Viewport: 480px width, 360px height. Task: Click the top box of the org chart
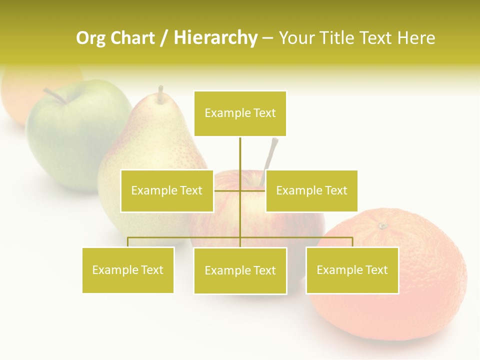pos(240,113)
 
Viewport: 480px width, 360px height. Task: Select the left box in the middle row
pos(167,190)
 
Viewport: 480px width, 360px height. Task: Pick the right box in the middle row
pos(311,190)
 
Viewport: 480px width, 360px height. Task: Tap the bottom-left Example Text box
pos(128,270)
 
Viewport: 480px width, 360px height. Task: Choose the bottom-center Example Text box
pos(240,270)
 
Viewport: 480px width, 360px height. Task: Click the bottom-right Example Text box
pos(352,270)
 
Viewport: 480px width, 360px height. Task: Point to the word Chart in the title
pos(132,38)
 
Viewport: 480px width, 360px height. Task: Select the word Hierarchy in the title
pos(215,38)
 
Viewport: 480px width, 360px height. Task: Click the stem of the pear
pos(160,94)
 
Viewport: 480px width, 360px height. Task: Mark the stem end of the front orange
pos(383,226)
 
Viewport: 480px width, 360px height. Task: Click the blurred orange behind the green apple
pos(20,90)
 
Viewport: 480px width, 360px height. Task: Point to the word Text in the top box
pos(264,113)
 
